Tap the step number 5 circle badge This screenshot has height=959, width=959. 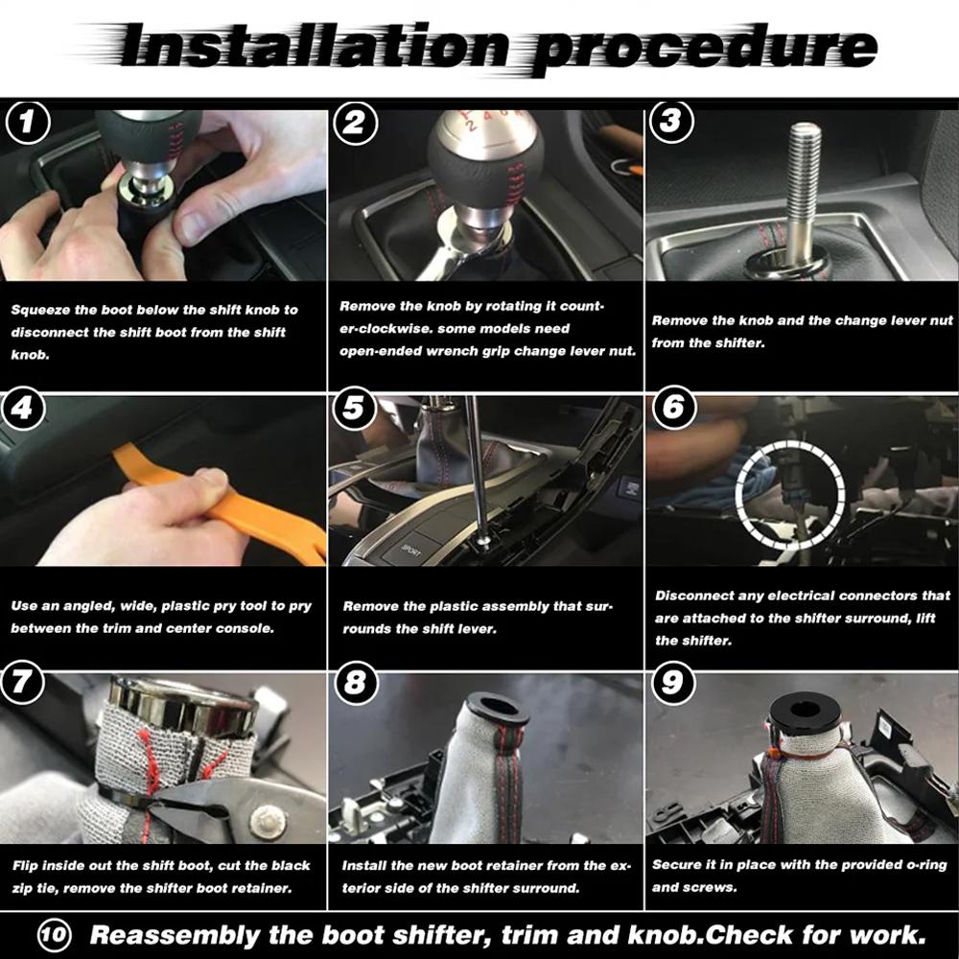pyautogui.click(x=354, y=409)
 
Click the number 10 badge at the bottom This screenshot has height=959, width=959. pyautogui.click(x=55, y=934)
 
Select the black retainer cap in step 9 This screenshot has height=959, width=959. pyautogui.click(x=804, y=713)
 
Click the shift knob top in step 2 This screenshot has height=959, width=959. pyautogui.click(x=482, y=134)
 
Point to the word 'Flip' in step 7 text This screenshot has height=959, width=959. pyautogui.click(x=26, y=866)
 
